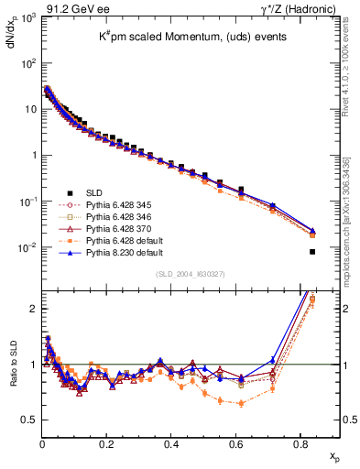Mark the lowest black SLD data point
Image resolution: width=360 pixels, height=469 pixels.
(x=312, y=252)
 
